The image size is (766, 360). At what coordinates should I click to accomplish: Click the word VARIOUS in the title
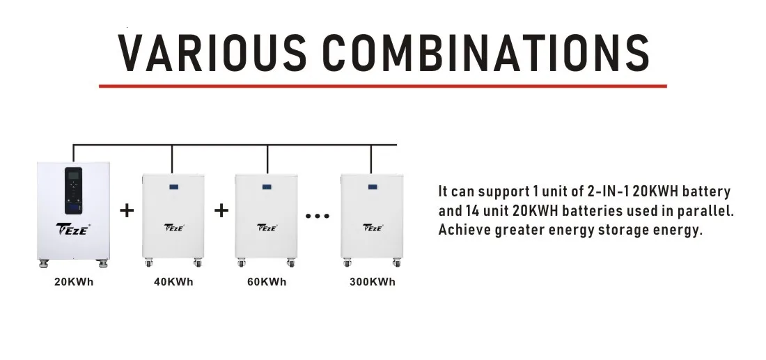coord(212,53)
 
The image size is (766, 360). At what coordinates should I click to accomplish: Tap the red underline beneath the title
coord(383,86)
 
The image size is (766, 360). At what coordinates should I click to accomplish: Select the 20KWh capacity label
coord(74,282)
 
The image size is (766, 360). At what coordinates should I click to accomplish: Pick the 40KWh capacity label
coord(173,282)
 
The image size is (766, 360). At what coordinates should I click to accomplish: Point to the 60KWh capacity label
coord(267,282)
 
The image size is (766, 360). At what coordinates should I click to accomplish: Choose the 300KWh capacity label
coord(373,282)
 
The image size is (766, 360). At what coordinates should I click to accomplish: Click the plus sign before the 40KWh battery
coord(127,210)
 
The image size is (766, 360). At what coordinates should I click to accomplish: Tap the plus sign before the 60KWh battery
coord(221,210)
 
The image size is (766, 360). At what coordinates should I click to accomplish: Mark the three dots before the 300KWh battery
coord(317,215)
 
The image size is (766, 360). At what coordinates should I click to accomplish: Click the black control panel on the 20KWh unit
coord(73,191)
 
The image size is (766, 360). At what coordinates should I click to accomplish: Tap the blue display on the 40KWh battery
coord(173,187)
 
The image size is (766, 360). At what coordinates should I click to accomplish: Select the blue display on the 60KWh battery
coord(266,187)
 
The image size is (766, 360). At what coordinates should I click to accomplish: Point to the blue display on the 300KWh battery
coord(373,187)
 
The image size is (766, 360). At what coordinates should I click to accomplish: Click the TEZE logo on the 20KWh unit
coord(73,228)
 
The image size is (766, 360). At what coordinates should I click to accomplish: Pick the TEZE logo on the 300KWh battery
coord(373,227)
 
